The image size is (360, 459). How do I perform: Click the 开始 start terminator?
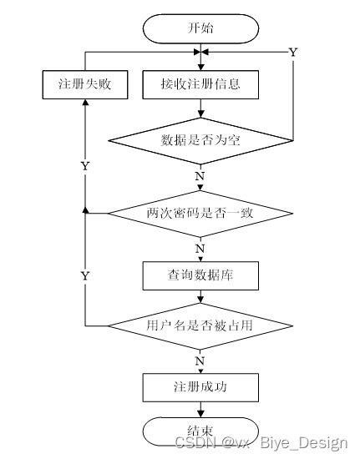200,28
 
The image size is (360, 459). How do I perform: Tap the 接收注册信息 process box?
200,84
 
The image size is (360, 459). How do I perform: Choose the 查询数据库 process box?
200,273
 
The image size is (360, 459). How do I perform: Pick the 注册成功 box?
200,387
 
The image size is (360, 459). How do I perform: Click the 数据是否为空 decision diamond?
200,139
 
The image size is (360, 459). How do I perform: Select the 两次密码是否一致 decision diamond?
200,214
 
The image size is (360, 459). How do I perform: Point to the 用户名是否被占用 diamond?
200,325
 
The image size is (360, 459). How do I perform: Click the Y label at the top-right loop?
293,53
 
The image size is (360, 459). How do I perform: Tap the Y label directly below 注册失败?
84,166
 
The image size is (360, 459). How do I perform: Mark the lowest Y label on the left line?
84,275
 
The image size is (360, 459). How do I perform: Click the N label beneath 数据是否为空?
200,176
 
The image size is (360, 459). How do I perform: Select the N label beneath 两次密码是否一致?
200,249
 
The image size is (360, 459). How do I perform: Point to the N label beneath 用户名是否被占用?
200,361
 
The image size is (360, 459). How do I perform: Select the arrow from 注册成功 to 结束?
200,409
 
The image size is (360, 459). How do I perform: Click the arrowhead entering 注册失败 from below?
84,104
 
